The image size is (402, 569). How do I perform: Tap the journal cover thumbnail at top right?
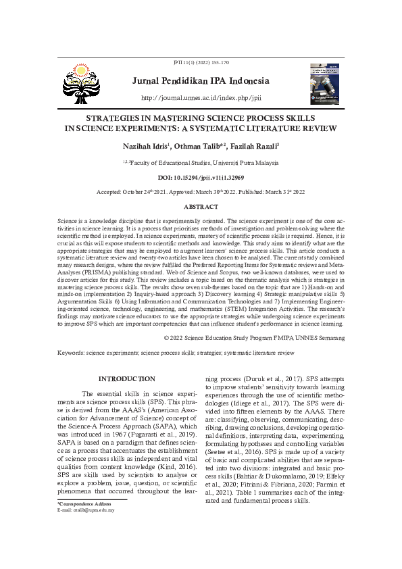328,85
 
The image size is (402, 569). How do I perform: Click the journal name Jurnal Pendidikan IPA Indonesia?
201,82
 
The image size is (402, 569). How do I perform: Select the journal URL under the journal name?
201,98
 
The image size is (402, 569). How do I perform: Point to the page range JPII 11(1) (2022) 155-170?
201,63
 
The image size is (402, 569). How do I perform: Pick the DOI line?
201,177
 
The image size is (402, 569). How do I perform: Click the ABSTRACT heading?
201,205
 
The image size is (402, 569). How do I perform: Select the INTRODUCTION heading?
127,378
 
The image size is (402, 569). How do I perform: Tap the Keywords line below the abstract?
176,353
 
